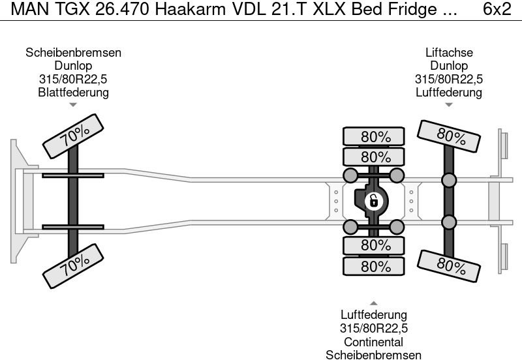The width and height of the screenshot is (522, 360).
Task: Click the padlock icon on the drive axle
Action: point(374,200)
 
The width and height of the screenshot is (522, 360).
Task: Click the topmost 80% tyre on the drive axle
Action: point(375,137)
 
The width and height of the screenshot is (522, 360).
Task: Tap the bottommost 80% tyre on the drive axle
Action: point(375,267)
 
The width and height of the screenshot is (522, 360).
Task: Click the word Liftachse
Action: point(449,53)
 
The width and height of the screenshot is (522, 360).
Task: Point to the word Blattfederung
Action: point(73,92)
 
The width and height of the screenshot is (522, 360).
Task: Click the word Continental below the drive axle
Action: point(374,342)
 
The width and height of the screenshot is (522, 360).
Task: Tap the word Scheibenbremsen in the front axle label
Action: point(73,53)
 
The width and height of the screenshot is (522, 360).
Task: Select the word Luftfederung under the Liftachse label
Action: point(449,92)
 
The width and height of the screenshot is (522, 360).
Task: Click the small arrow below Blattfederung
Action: point(73,104)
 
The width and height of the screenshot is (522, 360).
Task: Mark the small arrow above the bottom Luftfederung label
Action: point(374,303)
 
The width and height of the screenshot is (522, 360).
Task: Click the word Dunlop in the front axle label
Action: point(73,66)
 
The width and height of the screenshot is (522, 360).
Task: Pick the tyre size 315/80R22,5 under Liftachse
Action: point(449,79)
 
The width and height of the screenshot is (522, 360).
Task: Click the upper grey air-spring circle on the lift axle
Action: point(449,180)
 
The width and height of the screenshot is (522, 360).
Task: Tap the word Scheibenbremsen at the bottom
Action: point(374,355)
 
